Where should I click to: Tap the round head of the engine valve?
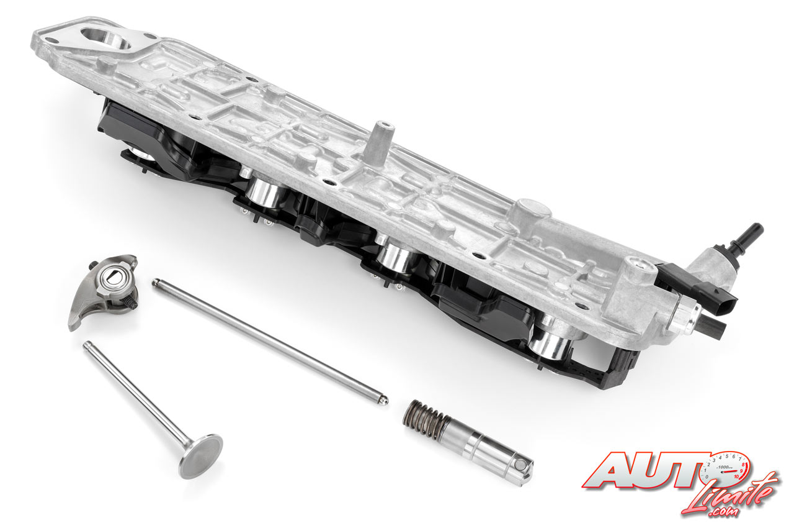(x=202, y=457)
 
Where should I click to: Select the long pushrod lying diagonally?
(x=270, y=342)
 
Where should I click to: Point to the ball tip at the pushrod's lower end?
(x=384, y=401)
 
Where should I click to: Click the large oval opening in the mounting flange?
(x=105, y=39)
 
